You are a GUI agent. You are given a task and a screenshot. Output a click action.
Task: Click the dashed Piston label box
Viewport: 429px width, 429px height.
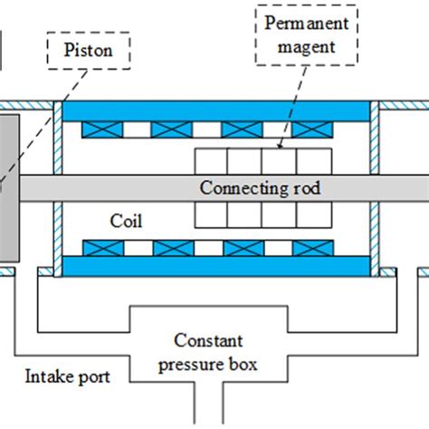pyautogui.click(x=88, y=52)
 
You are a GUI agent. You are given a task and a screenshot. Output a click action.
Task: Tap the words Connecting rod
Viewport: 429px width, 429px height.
pyautogui.click(x=260, y=188)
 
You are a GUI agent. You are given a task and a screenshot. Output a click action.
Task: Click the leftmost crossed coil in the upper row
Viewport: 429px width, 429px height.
pyautogui.click(x=101, y=130)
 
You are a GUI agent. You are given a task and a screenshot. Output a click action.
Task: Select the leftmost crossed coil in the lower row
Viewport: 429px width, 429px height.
pyautogui.click(x=101, y=247)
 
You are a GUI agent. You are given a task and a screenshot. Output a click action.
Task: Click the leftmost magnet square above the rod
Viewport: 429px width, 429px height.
pyautogui.click(x=211, y=160)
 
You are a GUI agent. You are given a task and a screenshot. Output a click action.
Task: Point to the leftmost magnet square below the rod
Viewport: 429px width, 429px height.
pyautogui.click(x=211, y=215)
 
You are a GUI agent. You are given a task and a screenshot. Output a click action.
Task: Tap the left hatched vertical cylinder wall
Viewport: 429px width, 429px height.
pyautogui.click(x=57, y=187)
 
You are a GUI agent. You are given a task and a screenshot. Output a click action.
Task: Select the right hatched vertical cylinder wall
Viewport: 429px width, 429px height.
pyautogui.click(x=374, y=187)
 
